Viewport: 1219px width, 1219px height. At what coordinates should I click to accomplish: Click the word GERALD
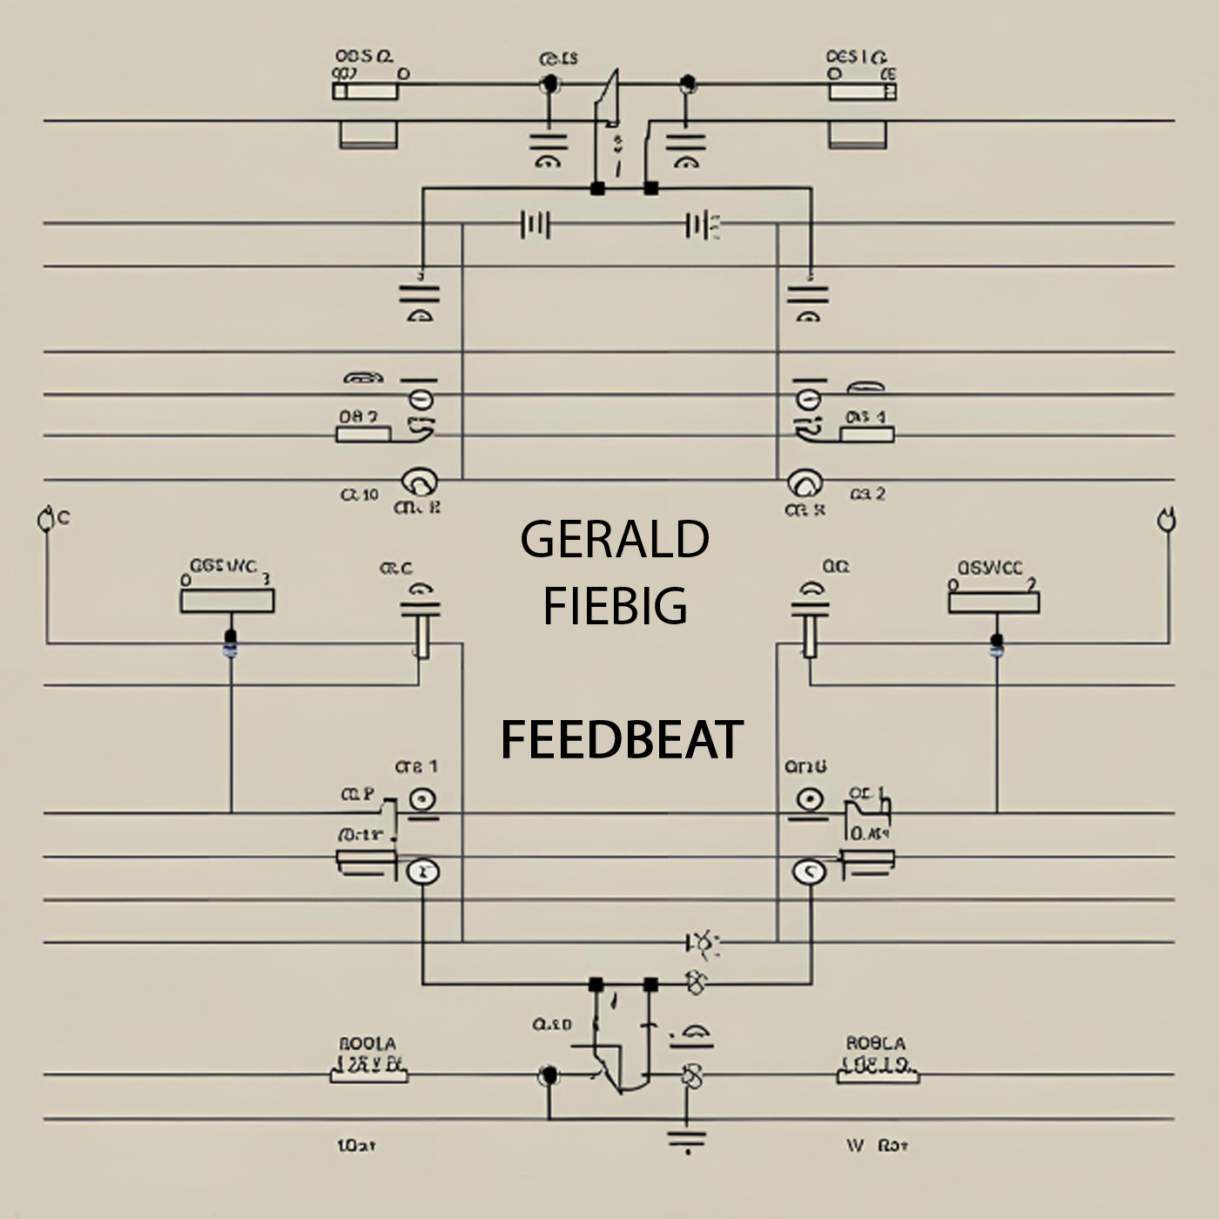(614, 540)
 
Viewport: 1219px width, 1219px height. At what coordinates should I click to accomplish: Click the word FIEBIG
(615, 606)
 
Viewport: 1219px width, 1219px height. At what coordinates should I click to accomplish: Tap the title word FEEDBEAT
(621, 740)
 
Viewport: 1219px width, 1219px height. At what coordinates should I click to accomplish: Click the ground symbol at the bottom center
(687, 1139)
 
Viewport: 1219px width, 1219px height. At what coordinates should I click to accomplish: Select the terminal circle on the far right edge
(1164, 521)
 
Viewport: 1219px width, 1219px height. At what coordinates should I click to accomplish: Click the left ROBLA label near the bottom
(366, 1043)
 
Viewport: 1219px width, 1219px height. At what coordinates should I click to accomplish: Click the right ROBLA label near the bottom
(875, 1043)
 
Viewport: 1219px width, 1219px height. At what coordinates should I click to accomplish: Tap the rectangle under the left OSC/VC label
(227, 601)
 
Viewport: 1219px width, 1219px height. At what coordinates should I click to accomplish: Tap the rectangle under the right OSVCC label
(993, 602)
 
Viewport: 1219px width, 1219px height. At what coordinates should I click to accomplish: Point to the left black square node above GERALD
(597, 188)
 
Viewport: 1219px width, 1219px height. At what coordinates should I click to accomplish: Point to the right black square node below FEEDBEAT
(650, 985)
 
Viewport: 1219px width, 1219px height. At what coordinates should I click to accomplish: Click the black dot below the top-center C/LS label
(549, 84)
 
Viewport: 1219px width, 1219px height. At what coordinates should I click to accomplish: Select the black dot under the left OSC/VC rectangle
(230, 636)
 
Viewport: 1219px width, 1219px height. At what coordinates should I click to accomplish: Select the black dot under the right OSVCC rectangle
(997, 641)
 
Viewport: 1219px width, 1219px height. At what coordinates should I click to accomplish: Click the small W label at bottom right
(854, 1145)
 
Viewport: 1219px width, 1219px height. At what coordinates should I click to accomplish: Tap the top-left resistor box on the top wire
(366, 91)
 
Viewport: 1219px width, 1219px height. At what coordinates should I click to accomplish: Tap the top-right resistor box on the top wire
(862, 91)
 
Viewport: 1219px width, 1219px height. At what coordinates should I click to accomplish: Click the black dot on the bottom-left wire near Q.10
(549, 1076)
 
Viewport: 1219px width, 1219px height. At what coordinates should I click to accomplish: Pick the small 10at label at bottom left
(355, 1146)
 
